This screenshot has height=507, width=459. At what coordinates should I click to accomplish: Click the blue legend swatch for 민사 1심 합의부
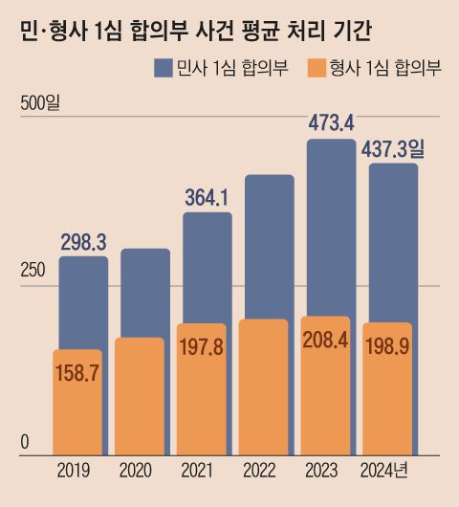tap(161, 68)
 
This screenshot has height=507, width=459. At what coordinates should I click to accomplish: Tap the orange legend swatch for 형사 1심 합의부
tap(316, 68)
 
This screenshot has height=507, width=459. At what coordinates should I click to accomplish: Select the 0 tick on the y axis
tap(26, 441)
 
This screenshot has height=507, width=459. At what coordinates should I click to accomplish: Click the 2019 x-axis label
tap(77, 470)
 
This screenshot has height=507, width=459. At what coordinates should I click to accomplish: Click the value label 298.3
tap(83, 242)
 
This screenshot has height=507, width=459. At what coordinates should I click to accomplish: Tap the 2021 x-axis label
tap(198, 470)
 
